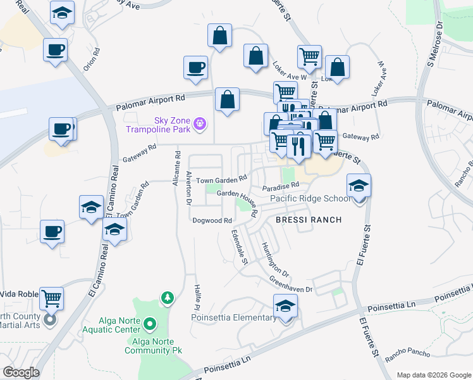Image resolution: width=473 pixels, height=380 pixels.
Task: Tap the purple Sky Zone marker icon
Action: click(x=200, y=123)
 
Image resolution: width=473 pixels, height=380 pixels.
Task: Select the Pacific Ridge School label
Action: click(x=310, y=198)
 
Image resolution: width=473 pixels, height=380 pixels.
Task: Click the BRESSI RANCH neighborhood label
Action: click(x=309, y=220)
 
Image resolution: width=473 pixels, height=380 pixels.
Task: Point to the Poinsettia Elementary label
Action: click(x=233, y=317)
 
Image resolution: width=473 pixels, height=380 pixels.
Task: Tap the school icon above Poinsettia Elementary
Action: click(x=286, y=306)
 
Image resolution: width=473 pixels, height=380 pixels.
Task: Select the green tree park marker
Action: click(x=167, y=297)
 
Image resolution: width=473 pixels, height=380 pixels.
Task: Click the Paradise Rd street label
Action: click(x=281, y=187)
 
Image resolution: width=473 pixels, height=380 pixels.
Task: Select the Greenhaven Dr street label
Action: click(x=291, y=284)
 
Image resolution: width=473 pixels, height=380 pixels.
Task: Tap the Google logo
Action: click(x=20, y=372)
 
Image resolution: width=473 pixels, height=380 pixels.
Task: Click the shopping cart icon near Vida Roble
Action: click(x=52, y=298)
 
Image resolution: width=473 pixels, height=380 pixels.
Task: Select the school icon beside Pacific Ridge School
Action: click(x=359, y=185)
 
